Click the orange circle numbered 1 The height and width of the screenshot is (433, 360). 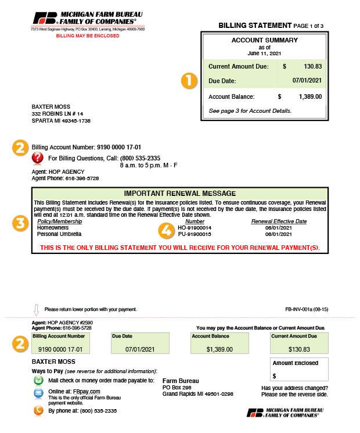click(188, 81)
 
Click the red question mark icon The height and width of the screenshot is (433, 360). click(38, 158)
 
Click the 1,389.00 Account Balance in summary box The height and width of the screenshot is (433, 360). click(310, 96)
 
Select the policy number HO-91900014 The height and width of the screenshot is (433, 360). click(195, 228)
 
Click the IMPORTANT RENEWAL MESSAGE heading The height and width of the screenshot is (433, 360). click(180, 193)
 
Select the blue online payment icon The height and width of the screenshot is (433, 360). click(38, 393)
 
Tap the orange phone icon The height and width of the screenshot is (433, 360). click(38, 410)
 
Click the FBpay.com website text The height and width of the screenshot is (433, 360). click(81, 391)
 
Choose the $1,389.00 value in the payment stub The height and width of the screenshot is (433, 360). click(219, 349)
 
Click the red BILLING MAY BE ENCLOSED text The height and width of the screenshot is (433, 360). click(88, 35)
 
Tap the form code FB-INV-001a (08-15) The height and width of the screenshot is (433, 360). click(307, 310)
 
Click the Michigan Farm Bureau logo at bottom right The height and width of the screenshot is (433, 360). click(284, 413)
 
